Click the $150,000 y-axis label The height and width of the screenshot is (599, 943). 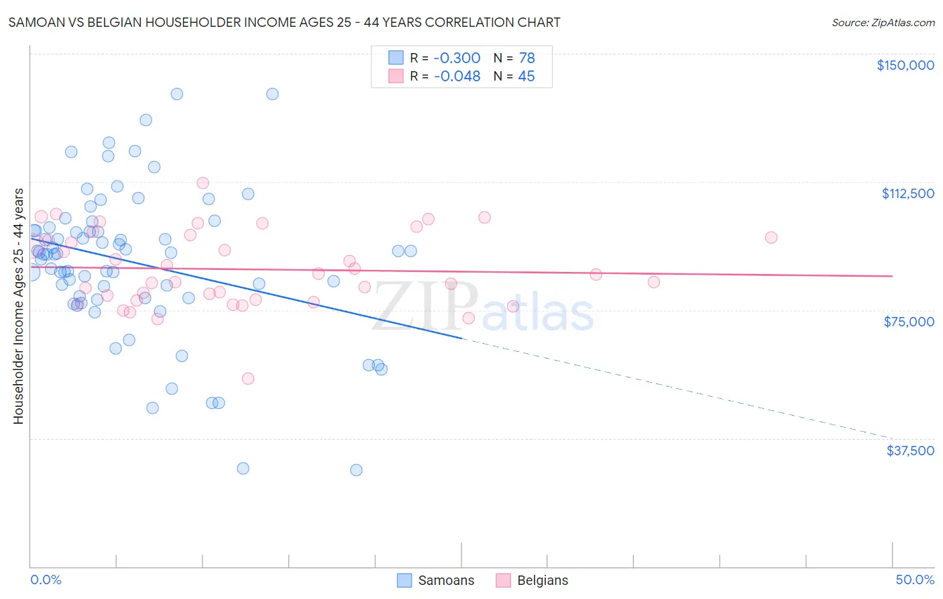pyautogui.click(x=905, y=65)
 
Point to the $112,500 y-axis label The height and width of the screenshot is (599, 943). pyautogui.click(x=907, y=193)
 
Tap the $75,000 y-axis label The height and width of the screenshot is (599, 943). pyautogui.click(x=909, y=322)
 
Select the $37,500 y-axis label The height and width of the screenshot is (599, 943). pyautogui.click(x=909, y=451)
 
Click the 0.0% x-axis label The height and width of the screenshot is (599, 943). pyautogui.click(x=46, y=580)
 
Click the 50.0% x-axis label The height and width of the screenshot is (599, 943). pyautogui.click(x=914, y=580)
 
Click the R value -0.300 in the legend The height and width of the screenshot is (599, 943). pyautogui.click(x=457, y=58)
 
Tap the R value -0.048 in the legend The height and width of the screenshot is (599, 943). pyautogui.click(x=457, y=76)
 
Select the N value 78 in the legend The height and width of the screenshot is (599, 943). pyautogui.click(x=526, y=58)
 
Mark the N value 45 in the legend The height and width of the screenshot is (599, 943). pyautogui.click(x=526, y=76)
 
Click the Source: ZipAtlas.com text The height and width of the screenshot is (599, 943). pyautogui.click(x=883, y=22)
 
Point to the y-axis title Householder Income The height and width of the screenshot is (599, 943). pyautogui.click(x=18, y=306)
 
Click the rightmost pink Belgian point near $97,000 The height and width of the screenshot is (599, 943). pyautogui.click(x=771, y=238)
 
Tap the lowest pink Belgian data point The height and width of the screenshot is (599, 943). pyautogui.click(x=248, y=379)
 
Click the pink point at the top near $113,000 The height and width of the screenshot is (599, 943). pyautogui.click(x=203, y=183)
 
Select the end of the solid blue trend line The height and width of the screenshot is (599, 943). pyautogui.click(x=461, y=338)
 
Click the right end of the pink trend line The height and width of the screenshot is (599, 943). pyautogui.click(x=892, y=276)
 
